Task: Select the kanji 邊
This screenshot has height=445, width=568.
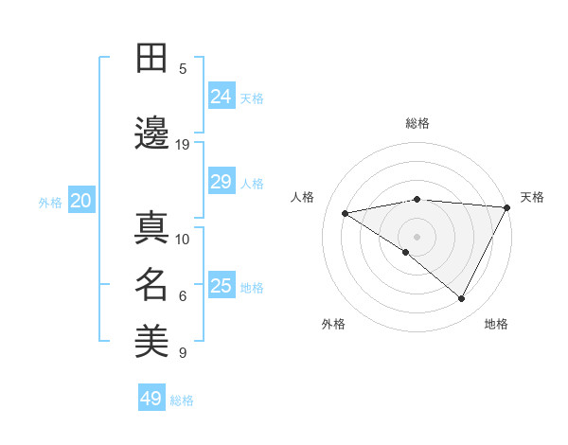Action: pos(152,134)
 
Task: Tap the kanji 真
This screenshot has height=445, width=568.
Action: pos(152,228)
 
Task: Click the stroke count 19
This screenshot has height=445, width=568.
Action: pos(183,145)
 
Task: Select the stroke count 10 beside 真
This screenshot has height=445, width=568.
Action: pos(183,239)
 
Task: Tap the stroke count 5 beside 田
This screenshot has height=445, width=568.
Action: pos(183,69)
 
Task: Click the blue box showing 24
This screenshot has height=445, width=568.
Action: pos(221,97)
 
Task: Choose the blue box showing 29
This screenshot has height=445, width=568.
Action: pos(221,182)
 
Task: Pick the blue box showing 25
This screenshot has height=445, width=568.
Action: pos(221,286)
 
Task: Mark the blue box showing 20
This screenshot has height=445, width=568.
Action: pos(81,201)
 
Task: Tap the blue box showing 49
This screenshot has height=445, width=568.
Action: pos(151,399)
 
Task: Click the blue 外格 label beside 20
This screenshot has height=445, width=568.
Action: pos(50,202)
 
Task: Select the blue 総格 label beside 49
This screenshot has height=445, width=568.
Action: pos(182,400)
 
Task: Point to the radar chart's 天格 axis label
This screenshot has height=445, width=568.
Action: pos(532,197)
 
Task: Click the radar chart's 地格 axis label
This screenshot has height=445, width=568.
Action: pos(496,324)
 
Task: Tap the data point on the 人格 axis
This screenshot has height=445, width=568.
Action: pos(346,213)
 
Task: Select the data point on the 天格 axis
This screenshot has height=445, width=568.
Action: pos(507,207)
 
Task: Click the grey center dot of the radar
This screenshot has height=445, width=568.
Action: pos(417,236)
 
